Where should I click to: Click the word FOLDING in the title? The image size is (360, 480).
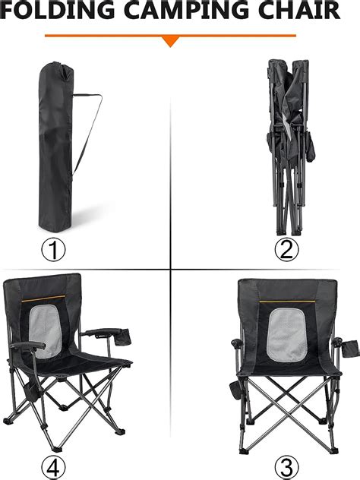pos(57,10)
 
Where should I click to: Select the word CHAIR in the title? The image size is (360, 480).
pos(299,10)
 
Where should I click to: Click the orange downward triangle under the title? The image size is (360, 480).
pos(171,41)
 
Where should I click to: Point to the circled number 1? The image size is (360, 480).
pos(53,250)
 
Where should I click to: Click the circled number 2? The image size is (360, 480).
pos(286,250)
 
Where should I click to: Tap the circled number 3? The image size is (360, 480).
pos(286,467)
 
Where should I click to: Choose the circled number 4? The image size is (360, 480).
pos(53,467)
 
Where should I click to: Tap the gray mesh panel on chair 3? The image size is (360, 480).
pos(286,335)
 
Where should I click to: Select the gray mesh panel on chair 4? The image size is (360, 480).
pos(45,330)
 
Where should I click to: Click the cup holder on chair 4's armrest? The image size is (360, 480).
pos(122,337)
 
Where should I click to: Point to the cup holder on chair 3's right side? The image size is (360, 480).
pos(351,349)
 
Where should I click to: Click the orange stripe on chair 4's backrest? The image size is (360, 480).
pos(43,298)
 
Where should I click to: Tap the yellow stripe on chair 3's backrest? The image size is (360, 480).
pos(287,302)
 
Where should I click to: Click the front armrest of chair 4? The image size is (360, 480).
pos(27,346)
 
